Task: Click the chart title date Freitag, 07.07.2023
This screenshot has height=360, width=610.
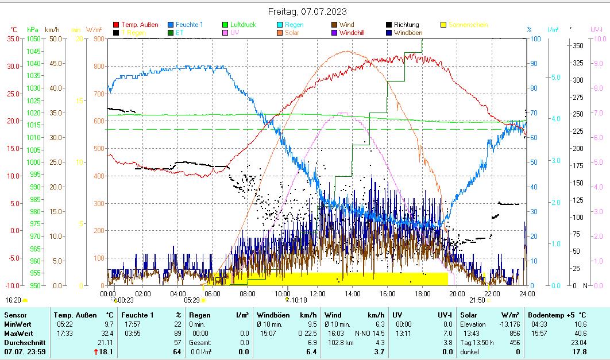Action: (x=307, y=11)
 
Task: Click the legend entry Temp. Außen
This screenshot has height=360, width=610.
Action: (x=140, y=25)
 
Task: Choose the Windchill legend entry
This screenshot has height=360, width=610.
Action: (x=355, y=33)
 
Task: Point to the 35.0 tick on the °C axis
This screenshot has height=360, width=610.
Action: (x=13, y=38)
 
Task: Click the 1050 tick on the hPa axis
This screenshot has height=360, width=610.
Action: (x=33, y=38)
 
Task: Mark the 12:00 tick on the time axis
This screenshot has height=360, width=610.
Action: (x=318, y=293)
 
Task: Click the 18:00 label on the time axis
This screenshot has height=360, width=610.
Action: (x=422, y=293)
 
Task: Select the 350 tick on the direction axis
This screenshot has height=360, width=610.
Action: (x=578, y=45)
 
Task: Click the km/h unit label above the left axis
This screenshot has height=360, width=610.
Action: (x=52, y=29)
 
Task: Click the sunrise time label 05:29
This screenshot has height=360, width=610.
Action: (x=191, y=300)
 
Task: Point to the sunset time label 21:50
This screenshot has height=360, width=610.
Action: (x=477, y=300)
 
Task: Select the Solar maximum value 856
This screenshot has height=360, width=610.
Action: (x=514, y=334)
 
